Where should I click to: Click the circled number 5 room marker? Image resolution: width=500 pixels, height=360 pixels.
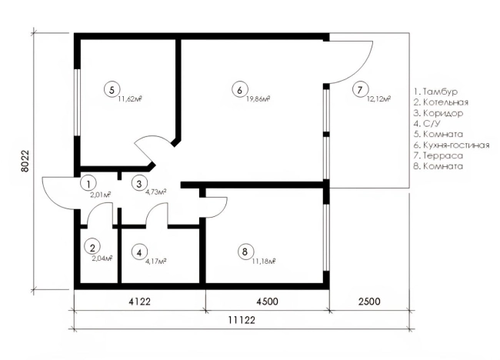pyautogui.click(x=112, y=89)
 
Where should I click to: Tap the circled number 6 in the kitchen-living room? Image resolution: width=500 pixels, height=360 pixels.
pyautogui.click(x=239, y=89)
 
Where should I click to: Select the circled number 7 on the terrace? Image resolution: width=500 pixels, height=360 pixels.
pyautogui.click(x=360, y=89)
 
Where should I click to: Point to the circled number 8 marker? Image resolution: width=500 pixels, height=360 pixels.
pyautogui.click(x=245, y=252)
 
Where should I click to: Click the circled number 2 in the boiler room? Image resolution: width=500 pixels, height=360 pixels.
pyautogui.click(x=92, y=247)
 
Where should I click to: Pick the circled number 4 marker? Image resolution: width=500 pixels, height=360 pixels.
pyautogui.click(x=139, y=252)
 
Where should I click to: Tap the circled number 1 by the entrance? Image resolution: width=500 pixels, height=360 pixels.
pyautogui.click(x=89, y=183)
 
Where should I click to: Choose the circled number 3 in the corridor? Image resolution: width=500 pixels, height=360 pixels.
pyautogui.click(x=139, y=183)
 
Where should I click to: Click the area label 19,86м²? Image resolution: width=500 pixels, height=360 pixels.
pyautogui.click(x=258, y=98)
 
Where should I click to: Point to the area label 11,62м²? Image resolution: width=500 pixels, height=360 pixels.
pyautogui.click(x=129, y=98)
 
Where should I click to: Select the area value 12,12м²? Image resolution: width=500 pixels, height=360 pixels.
pyautogui.click(x=378, y=98)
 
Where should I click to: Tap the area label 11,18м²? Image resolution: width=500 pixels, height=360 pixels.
pyautogui.click(x=263, y=261)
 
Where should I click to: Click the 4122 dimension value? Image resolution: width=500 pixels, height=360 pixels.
pyautogui.click(x=139, y=301)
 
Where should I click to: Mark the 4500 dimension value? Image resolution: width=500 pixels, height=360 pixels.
pyautogui.click(x=267, y=301)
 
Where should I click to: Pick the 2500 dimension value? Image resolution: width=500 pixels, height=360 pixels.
pyautogui.click(x=369, y=301)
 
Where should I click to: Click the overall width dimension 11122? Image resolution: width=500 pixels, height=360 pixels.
pyautogui.click(x=242, y=320)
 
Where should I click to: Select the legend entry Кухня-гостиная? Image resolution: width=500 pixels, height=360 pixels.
pyautogui.click(x=452, y=145)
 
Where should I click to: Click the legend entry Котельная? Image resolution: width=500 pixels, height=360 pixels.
pyautogui.click(x=441, y=102)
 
